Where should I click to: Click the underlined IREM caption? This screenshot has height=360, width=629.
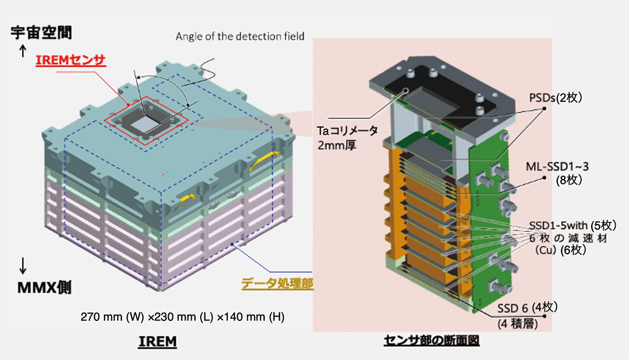156,342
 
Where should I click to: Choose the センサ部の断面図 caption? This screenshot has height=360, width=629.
435,342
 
